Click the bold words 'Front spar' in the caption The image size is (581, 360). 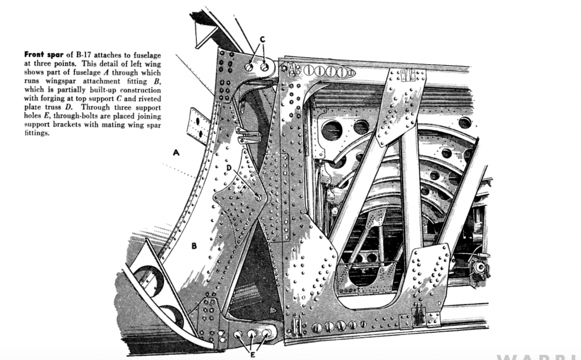click(43, 55)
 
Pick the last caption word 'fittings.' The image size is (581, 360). click(37, 133)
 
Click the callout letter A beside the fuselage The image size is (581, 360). click(176, 153)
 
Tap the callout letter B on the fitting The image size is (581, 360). click(194, 246)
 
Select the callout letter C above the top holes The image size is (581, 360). click(263, 39)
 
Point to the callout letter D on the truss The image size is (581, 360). click(228, 168)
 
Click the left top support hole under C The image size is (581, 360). click(250, 67)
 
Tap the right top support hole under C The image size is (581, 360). click(264, 66)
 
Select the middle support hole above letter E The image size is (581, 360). click(251, 334)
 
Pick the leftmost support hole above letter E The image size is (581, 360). click(238, 335)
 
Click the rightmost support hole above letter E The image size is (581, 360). click(265, 333)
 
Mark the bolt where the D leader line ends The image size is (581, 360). click(259, 198)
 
